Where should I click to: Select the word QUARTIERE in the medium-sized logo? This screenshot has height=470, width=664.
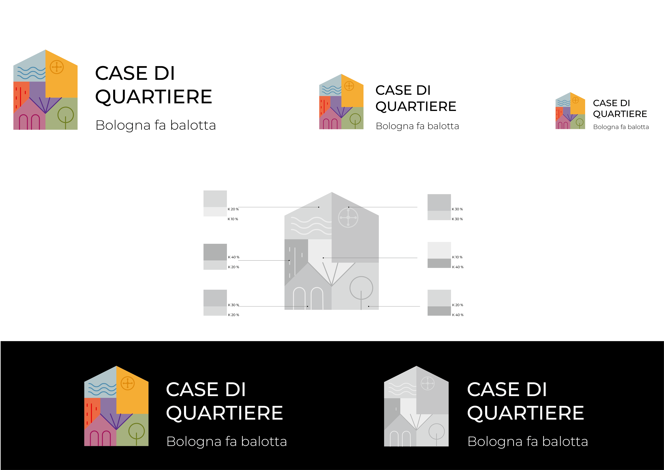(x=416, y=106)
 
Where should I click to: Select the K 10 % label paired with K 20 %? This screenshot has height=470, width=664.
(x=233, y=219)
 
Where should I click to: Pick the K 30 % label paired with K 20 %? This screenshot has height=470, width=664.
(x=233, y=305)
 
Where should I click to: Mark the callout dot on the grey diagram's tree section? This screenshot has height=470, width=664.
(x=368, y=306)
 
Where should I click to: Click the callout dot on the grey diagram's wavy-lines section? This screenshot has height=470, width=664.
(x=319, y=207)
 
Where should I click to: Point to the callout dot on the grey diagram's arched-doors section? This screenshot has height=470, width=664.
(x=307, y=306)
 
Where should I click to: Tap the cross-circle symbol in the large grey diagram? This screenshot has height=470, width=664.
(x=348, y=218)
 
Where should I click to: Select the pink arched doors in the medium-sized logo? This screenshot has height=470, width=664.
(x=330, y=124)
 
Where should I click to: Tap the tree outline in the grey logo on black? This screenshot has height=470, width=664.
(x=436, y=433)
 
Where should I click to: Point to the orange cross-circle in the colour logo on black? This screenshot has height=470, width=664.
(x=127, y=383)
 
